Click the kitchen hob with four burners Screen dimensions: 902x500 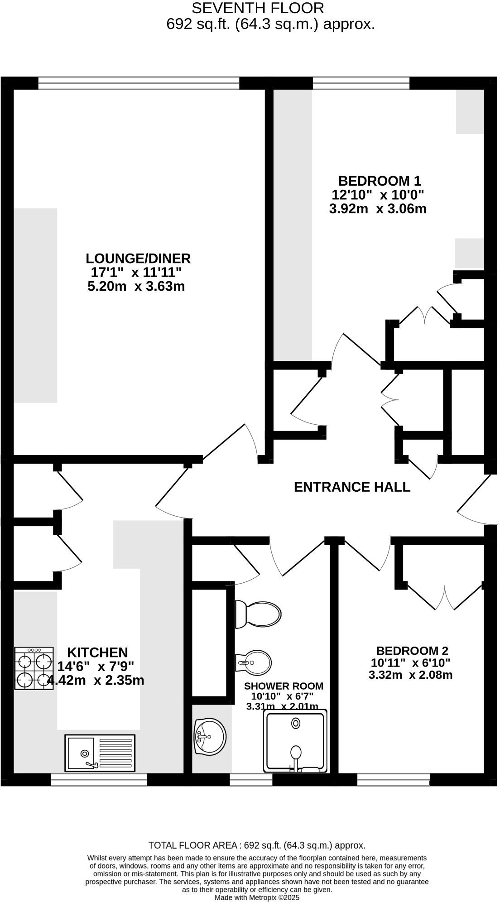(34, 668)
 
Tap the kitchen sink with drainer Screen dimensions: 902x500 (100, 752)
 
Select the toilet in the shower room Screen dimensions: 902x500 (258, 614)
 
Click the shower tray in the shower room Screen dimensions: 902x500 (296, 742)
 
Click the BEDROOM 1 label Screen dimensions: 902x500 (380, 181)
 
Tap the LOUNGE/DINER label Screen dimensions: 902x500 (138, 259)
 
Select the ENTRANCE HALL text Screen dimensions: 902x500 (352, 487)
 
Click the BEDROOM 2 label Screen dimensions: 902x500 (412, 651)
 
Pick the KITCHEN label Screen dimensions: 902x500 (97, 653)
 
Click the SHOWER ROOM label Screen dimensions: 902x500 (284, 686)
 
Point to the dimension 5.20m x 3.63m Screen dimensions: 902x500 (136, 286)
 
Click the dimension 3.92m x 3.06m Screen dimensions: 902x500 (378, 209)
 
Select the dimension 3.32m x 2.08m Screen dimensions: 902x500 (410, 675)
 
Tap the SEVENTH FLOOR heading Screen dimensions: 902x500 (258, 8)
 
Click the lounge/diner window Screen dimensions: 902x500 (139, 83)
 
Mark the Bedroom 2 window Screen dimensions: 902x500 (393, 779)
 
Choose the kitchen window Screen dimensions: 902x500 (99, 779)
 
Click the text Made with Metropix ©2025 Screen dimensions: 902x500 (257, 897)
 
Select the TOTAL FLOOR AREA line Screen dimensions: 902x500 (257, 845)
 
